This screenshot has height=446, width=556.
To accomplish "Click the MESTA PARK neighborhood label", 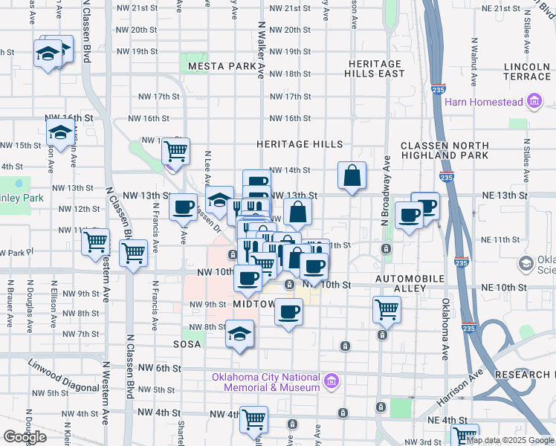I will (222, 66).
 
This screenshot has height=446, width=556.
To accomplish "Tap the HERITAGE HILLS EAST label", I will (375, 68).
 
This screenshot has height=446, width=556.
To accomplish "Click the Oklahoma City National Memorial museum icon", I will (332, 382).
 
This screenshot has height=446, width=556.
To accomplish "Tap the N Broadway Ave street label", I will (386, 191).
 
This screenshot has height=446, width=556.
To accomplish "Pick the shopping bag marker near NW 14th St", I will (352, 176).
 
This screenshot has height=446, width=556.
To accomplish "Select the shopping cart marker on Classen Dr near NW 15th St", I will (175, 152).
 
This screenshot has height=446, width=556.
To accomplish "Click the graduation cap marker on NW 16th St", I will (59, 134).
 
